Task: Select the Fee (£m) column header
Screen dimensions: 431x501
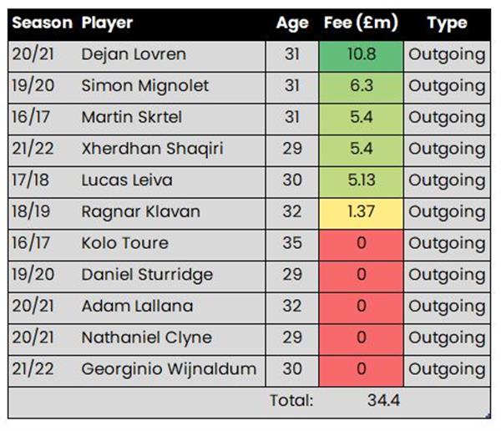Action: [x=361, y=23]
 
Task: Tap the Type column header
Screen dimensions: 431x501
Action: [x=447, y=23]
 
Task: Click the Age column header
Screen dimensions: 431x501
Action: [x=292, y=23]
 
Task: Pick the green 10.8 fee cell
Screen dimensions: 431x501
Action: [x=361, y=54]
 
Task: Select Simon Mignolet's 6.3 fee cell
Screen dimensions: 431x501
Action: [x=361, y=86]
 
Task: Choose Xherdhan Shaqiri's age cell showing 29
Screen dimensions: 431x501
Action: [x=291, y=149]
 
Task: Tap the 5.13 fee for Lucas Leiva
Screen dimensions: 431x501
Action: [x=361, y=180]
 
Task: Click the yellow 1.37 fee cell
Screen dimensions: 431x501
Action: [x=361, y=211]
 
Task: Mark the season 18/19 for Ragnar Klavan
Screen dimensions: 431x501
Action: [x=33, y=211]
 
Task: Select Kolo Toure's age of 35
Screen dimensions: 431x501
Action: [x=291, y=243]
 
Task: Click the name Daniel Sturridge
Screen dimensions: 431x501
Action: [x=147, y=275]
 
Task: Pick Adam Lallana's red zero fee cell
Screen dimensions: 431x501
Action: [x=361, y=306]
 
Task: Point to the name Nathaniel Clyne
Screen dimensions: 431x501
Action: [x=146, y=337]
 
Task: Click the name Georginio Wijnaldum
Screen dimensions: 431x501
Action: [x=169, y=369]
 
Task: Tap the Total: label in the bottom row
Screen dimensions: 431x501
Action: [x=291, y=401]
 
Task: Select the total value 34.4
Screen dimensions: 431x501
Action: [x=383, y=401]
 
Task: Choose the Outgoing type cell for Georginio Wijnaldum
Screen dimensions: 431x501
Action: [x=447, y=369]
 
